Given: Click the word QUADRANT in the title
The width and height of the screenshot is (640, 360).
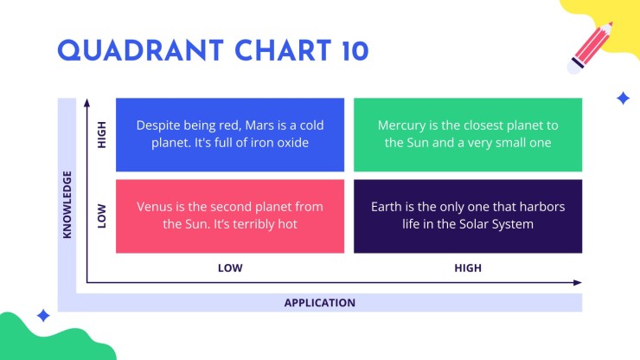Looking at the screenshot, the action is point(140,51).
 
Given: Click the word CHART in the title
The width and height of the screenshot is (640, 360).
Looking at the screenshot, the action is point(283,51).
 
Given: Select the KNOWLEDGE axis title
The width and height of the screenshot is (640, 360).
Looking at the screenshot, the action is point(67,204).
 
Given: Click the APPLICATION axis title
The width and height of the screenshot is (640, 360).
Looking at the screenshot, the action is point(320,303).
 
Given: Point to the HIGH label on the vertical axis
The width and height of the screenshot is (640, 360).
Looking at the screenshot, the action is point(102,134).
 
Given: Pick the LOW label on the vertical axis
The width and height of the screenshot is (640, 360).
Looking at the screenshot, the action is point(102,215).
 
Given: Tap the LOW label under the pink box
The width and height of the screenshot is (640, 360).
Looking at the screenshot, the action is point(230,268).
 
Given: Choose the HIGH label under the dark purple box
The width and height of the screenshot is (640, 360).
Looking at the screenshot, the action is point(468,268).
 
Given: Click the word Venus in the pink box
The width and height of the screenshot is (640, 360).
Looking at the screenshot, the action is point(155,207).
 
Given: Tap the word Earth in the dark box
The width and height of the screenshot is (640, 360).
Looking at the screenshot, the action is point(386,207).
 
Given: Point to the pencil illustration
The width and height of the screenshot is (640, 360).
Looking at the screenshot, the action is point(590,48).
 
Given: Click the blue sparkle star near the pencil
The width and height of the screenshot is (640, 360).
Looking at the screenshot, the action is point(623,99).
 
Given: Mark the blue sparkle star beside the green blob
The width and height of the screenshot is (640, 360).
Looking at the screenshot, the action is point(43,316).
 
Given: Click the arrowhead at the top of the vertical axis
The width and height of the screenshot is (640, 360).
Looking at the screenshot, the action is point(86,103).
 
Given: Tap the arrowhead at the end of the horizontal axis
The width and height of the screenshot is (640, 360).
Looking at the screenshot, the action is point(577,282).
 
